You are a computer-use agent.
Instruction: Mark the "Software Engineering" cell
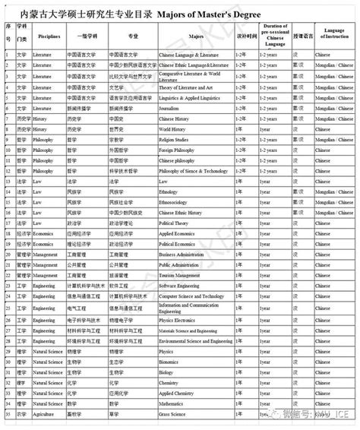182,286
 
